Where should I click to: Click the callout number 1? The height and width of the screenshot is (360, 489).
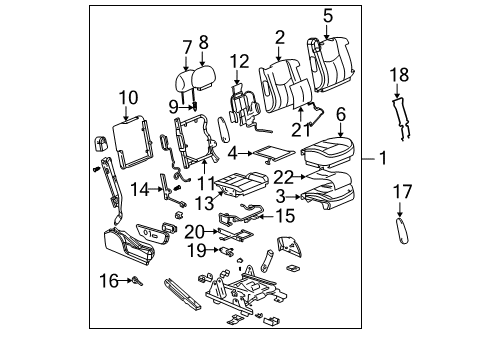(x=384, y=158)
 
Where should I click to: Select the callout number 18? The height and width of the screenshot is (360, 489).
(x=399, y=76)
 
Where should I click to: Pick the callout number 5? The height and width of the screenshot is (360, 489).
(x=328, y=16)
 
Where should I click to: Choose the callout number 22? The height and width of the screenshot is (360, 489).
(x=285, y=176)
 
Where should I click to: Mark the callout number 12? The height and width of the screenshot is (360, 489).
(x=238, y=62)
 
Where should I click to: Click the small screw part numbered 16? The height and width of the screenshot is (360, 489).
(x=136, y=283)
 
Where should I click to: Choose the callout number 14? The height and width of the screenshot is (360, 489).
(x=141, y=187)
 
